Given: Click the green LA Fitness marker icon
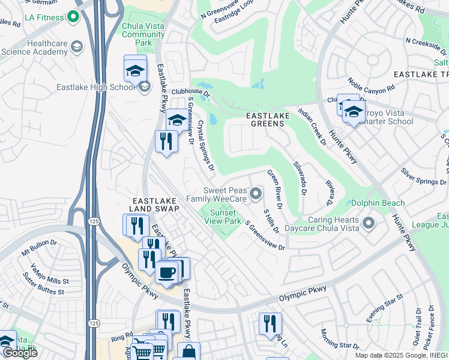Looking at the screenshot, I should pyautogui.click(x=74, y=17).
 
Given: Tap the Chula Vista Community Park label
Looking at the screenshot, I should pyautogui.click(x=143, y=35).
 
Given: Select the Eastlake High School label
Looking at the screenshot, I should pyautogui.click(x=96, y=87).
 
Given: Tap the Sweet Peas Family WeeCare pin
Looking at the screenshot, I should pyautogui.click(x=256, y=193).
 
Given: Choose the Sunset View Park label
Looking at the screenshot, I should pyautogui.click(x=223, y=216).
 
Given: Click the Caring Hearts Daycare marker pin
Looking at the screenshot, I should pyautogui.click(x=368, y=224).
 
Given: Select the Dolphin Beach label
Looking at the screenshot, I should pyautogui.click(x=378, y=203).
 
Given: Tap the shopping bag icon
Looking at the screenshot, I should pyautogui.click(x=188, y=352).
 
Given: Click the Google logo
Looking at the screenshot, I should pyautogui.click(x=19, y=353).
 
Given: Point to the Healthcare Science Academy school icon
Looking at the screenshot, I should pyautogui.click(x=77, y=46).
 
